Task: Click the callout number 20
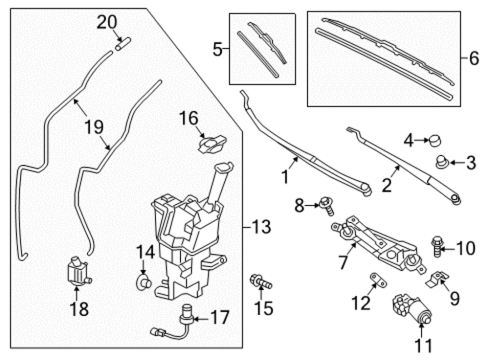point(107,22)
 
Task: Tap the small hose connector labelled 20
point(123,44)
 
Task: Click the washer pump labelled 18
point(78,270)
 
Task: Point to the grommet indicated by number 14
point(143,283)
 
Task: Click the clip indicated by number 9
point(437,279)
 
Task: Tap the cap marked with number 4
point(435,140)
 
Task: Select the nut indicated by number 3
point(441,162)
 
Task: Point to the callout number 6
point(474,58)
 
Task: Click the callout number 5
point(218,49)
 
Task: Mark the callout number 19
point(94,127)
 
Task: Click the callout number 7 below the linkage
point(343,262)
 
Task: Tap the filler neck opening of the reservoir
point(224,167)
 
